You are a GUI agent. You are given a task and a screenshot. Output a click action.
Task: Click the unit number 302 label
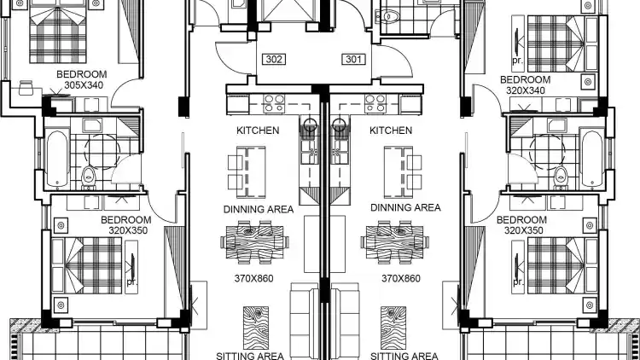click(x=273, y=59)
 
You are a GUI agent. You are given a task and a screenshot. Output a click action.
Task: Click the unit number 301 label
click(x=353, y=59)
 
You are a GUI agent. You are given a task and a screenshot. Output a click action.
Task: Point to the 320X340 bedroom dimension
click(x=526, y=90)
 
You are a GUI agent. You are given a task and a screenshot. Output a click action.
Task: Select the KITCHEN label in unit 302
click(x=258, y=131)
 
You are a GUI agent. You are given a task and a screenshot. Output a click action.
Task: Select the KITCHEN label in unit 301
click(x=391, y=131)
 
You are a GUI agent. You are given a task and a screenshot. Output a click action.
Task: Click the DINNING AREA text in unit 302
click(x=259, y=209)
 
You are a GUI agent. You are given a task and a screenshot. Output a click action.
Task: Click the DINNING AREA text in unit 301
click(x=405, y=208)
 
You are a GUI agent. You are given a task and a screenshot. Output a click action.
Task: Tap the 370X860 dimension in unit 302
click(x=254, y=279)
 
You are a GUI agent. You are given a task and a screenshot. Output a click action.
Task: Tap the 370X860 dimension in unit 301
click(x=401, y=279)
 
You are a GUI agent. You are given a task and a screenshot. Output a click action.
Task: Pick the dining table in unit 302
click(x=255, y=242)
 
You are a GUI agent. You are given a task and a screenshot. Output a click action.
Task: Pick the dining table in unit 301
click(x=395, y=242)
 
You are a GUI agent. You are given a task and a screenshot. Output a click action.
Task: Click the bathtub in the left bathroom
click(x=56, y=158)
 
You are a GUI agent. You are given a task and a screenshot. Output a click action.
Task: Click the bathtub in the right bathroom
click(x=592, y=158)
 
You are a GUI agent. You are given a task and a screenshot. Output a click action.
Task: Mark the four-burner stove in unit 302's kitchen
click(x=274, y=103)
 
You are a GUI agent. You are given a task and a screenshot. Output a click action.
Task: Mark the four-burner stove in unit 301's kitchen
click(x=375, y=103)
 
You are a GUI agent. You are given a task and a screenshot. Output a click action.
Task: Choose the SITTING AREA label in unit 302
click(x=250, y=356)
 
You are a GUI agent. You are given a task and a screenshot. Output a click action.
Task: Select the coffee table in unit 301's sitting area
click(x=393, y=328)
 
